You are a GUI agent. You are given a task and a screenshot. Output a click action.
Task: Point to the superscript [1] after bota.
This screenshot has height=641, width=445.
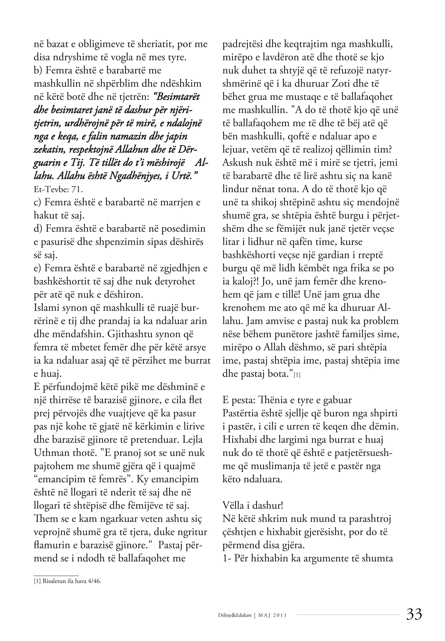297,375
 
